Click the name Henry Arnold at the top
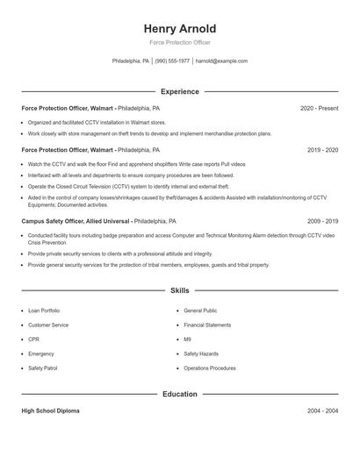[x=179, y=29]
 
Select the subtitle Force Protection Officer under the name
[x=179, y=42]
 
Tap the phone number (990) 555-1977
[x=173, y=61]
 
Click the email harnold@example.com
[x=221, y=61]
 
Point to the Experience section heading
[x=179, y=91]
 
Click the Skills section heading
[x=179, y=290]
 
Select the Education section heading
[x=179, y=395]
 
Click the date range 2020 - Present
[x=319, y=108]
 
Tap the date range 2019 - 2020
[x=323, y=150]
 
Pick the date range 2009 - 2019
[x=323, y=222]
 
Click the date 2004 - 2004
[x=323, y=411]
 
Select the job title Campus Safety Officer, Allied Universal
[x=76, y=222]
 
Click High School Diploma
[x=50, y=411]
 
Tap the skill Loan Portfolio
[x=44, y=311]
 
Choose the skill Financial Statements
[x=207, y=325]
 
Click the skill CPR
[x=33, y=339]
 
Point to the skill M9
[x=187, y=339]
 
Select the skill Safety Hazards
[x=200, y=354]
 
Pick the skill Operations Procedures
[x=209, y=368]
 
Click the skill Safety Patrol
[x=42, y=368]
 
